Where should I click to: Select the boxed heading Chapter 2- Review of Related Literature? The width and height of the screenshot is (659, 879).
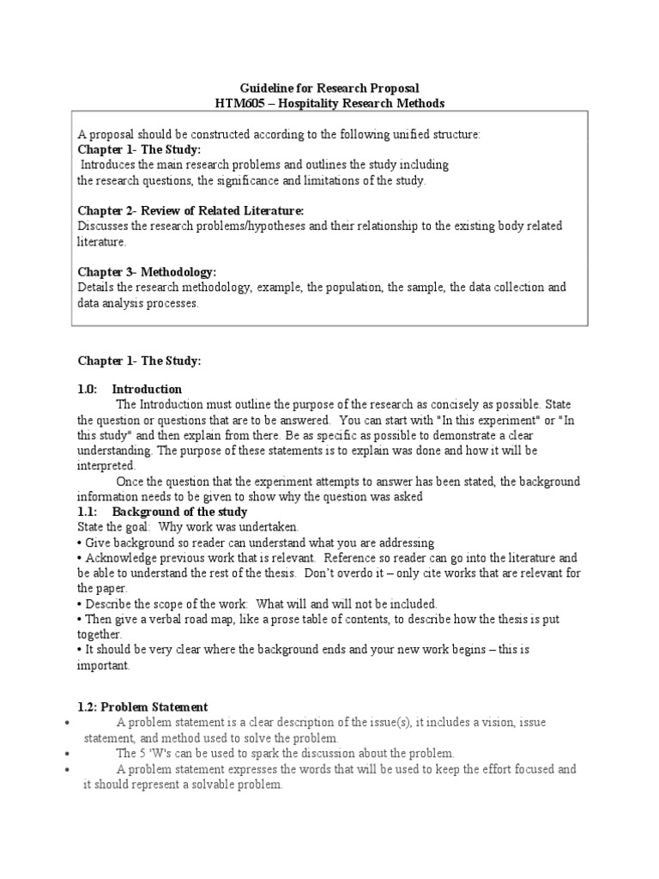click(x=190, y=211)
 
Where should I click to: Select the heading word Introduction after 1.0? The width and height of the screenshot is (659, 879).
click(x=147, y=389)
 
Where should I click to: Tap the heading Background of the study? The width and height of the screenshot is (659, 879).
click(x=179, y=512)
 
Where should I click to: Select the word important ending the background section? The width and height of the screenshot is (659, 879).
click(x=102, y=665)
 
